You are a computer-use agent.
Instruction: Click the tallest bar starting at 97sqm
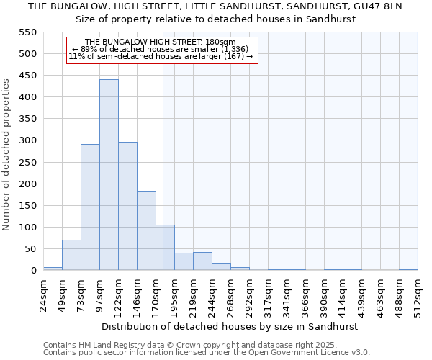tap(109, 175)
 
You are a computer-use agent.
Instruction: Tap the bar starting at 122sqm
tap(127, 206)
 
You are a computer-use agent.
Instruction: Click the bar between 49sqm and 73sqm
tap(71, 255)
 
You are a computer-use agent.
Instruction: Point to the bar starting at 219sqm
tap(202, 261)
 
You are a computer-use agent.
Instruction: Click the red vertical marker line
tap(163, 180)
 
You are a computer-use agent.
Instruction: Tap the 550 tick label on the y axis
tap(27, 32)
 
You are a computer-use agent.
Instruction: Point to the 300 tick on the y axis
tap(27, 140)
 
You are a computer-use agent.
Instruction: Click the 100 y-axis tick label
tap(27, 228)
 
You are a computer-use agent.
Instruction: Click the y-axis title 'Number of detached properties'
tap(6, 155)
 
